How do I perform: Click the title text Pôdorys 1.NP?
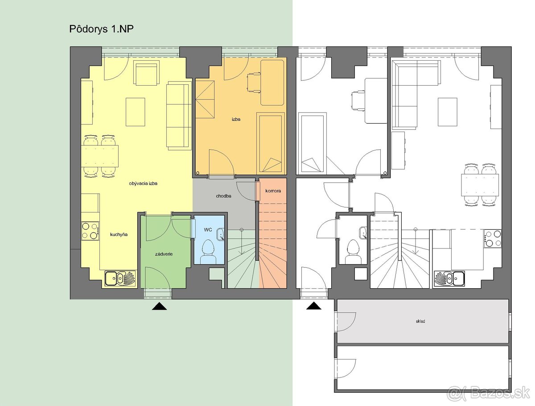[101, 29]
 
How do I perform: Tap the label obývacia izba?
[143, 183]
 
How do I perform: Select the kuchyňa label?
[119, 235]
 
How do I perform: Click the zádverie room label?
[164, 254]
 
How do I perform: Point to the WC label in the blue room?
[208, 230]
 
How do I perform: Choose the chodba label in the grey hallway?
[223, 196]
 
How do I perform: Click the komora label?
[273, 191]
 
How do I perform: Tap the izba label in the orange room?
[236, 119]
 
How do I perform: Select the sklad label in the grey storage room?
[420, 321]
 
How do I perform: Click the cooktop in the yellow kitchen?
[90, 231]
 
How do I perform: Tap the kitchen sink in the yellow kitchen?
[120, 278]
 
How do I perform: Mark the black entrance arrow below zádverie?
[159, 306]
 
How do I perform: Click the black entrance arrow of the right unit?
[314, 306]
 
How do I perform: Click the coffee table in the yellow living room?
[135, 112]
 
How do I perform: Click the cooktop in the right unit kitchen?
[493, 238]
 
